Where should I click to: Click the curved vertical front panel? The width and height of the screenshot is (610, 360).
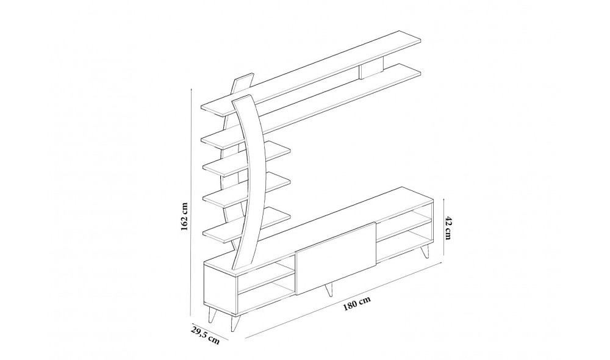click(x=250, y=183)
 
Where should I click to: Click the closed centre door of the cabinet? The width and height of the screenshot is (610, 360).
click(x=335, y=257)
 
